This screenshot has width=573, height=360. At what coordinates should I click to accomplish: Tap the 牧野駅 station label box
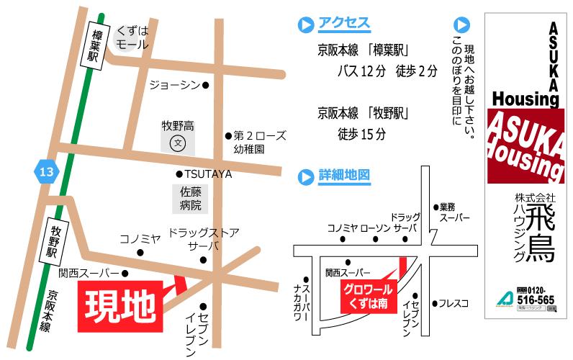[x=55, y=241]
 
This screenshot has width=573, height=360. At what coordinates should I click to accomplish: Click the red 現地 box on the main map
[x=119, y=307]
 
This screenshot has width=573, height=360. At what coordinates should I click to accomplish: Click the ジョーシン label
[x=174, y=85]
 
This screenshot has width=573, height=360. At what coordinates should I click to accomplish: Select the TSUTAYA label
[x=207, y=174]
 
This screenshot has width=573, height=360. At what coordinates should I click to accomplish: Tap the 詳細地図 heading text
[x=343, y=175]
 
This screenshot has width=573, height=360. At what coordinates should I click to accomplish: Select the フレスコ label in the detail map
[x=454, y=303]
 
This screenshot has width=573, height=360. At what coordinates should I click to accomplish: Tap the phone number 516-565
[x=536, y=299]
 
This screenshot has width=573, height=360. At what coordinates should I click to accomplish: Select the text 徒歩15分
[x=361, y=134]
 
